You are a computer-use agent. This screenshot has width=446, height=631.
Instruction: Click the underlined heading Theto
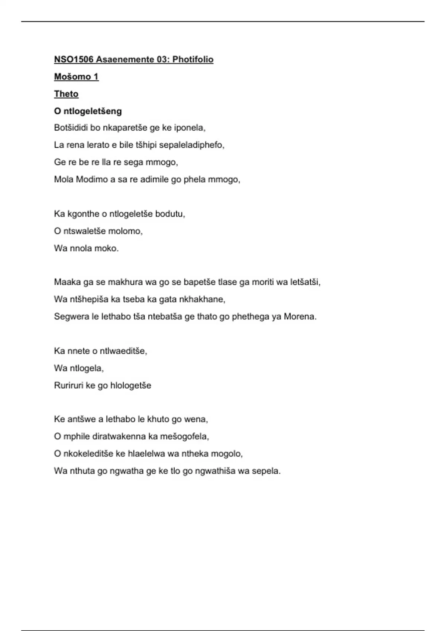tap(66, 94)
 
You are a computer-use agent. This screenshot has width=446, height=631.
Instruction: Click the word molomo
tap(129, 231)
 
